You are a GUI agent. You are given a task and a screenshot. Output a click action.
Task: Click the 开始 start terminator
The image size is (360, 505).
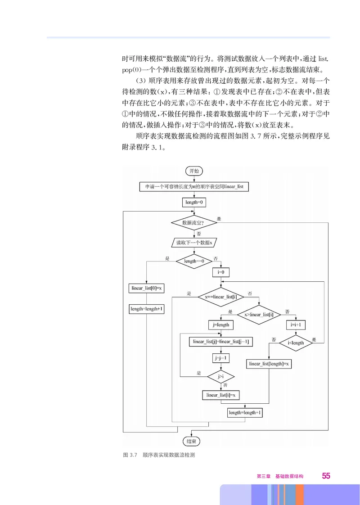coord(194,171)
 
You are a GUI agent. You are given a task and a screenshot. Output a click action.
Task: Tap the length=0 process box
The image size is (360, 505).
coord(194,203)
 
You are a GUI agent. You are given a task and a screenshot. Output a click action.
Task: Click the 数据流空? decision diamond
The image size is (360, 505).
coord(193,222)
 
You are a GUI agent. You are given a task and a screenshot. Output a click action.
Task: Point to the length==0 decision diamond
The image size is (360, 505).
coord(194,261)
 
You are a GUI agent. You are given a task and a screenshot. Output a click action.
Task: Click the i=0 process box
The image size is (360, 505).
coord(221,272)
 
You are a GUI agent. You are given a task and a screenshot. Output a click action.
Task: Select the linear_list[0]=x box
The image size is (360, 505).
coord(147,288)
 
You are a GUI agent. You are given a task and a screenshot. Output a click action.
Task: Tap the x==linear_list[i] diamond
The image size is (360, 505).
coord(221,297)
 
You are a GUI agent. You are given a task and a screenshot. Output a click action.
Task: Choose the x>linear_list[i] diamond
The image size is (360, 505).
coord(259,314)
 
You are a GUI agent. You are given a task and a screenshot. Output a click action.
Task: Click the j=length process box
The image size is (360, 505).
coord(220,325)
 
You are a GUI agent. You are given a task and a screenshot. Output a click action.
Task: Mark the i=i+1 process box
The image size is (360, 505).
coord(296,325)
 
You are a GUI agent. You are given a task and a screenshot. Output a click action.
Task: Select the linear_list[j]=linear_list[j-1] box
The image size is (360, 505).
coord(220,342)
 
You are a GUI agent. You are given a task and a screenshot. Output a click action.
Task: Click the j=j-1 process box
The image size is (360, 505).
coord(221,358)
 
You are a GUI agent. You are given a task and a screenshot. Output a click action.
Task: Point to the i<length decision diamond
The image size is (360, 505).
coord(296,343)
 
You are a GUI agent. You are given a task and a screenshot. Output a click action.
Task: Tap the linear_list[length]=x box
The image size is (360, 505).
coord(269,363)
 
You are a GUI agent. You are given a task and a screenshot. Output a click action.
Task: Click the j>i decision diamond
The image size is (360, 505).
coord(221,376)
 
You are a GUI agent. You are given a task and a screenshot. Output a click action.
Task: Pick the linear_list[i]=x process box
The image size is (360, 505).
coord(220,395)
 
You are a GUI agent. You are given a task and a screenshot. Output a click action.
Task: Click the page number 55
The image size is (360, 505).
coord(326,476)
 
